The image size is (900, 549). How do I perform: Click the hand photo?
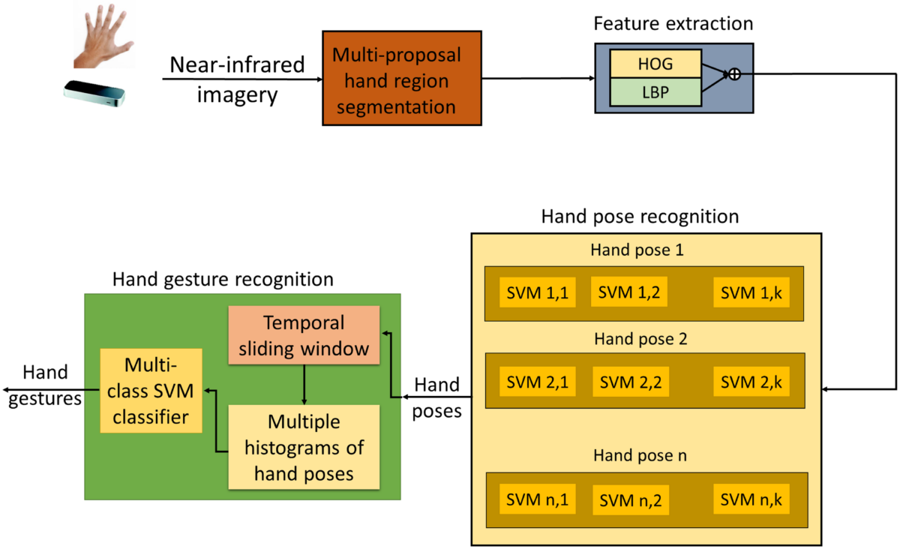[x=105, y=37]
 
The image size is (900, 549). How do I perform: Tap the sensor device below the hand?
[x=94, y=94]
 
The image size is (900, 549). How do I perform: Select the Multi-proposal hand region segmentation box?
[x=401, y=78]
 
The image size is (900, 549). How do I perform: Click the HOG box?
[x=656, y=64]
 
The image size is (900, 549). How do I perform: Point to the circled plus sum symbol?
[x=735, y=73]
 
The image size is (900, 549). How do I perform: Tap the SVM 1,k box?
[x=751, y=293]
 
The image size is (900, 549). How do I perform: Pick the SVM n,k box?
[x=751, y=499]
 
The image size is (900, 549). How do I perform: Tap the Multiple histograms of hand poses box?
[x=304, y=447]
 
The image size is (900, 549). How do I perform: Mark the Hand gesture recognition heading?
[x=223, y=280]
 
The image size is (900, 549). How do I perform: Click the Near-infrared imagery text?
[x=236, y=79]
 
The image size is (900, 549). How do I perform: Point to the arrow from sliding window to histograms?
[x=304, y=384]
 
